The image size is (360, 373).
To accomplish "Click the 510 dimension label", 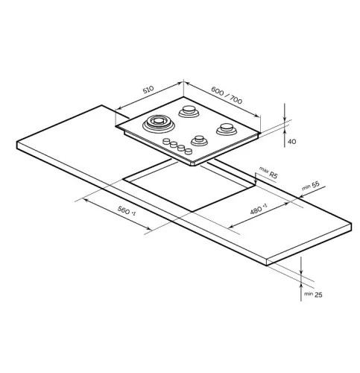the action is tap(148, 90).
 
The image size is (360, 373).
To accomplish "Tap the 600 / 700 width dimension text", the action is tap(227, 95).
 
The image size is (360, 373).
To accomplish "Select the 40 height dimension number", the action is tap(292, 142).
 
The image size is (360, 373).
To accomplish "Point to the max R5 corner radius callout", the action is tap(268, 172).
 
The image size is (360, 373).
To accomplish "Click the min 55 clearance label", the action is tap(311, 186).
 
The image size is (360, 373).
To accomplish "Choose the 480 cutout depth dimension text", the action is tap(258, 210).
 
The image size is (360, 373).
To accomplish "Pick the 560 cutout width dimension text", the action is tap(127, 210).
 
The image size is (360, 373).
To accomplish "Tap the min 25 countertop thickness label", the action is tap(313, 295).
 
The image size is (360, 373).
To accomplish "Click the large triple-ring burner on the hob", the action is tap(159, 123).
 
